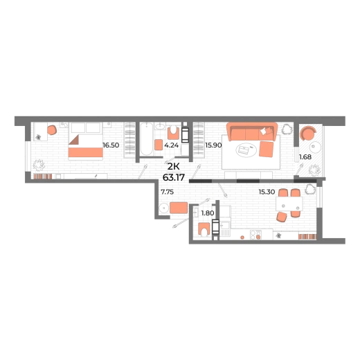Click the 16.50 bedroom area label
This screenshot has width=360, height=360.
111,145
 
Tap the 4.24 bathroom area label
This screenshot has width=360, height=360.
171,145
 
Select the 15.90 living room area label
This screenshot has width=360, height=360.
213,145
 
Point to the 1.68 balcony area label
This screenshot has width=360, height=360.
305,157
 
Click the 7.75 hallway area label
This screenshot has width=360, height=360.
168,192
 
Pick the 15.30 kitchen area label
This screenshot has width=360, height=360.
267,192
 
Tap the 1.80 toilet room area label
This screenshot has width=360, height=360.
208,213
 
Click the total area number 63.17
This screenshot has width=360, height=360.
174,177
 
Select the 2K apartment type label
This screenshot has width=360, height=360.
174,167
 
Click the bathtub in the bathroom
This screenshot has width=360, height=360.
147,139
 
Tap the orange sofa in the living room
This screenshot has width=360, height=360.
252,132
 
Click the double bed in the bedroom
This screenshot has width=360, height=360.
85,141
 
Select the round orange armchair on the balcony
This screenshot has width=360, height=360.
308,133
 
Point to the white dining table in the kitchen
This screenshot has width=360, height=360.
289,204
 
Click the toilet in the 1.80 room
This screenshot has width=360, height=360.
204,229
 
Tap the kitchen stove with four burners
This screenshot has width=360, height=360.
255,235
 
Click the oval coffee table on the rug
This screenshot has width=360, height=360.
246,150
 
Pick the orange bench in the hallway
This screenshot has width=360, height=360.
179,208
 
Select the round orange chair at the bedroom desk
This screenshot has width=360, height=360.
52,130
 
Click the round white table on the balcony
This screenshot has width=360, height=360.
315,147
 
